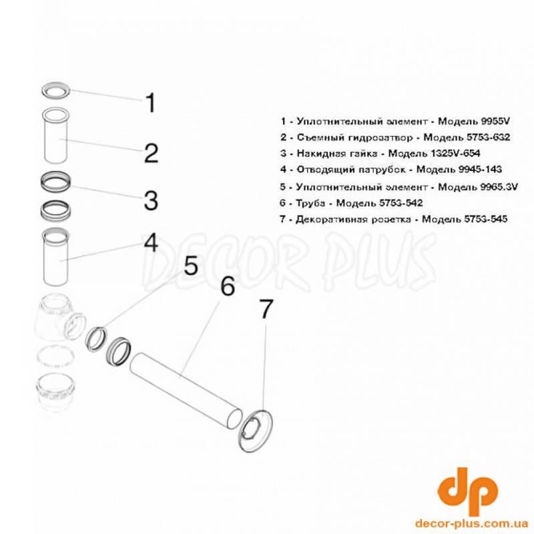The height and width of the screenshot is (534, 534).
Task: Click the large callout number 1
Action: pos(151,103)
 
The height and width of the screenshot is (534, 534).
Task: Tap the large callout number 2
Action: pos(152,154)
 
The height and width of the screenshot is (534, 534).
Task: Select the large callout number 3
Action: pos(151,201)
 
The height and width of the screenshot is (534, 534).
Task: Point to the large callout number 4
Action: pos(152,243)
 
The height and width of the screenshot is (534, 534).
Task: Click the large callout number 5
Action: pos(191,266)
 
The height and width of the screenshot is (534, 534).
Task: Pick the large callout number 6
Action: pos(228,286)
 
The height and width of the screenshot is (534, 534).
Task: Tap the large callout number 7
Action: pos(266,309)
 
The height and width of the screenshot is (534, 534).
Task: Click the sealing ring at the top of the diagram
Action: pos(56,90)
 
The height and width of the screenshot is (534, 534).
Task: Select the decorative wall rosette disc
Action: pos(256,431)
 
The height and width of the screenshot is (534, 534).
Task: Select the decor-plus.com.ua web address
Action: pos(472,523)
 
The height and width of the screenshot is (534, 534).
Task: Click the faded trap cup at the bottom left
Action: pos(55,392)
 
